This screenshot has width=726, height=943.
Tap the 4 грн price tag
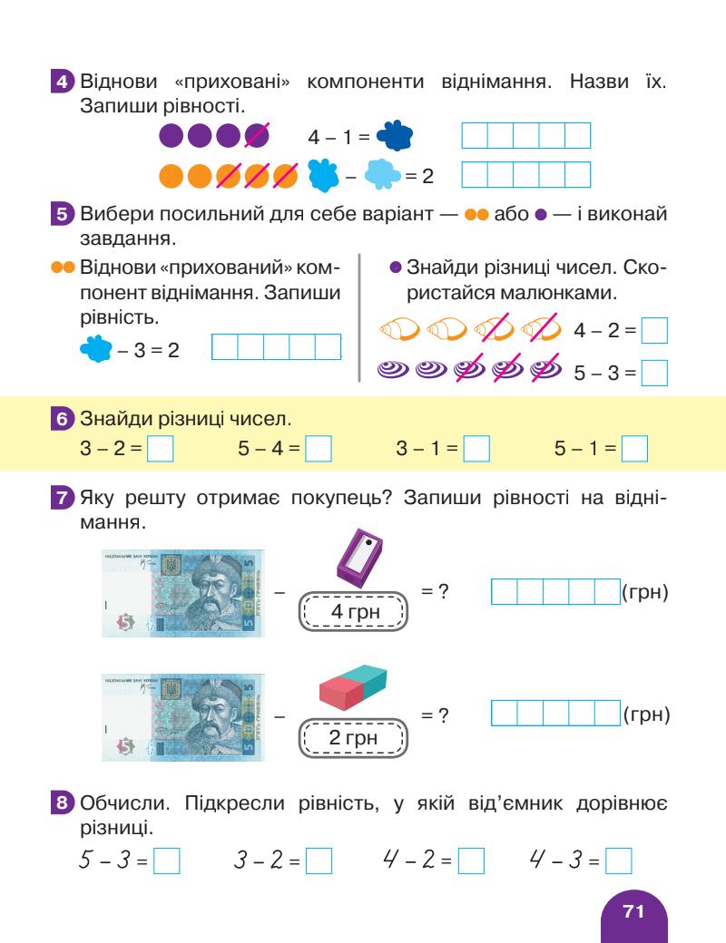tap(354, 612)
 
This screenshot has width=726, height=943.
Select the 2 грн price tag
tap(354, 737)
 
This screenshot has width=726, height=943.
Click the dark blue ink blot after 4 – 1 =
tap(394, 136)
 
